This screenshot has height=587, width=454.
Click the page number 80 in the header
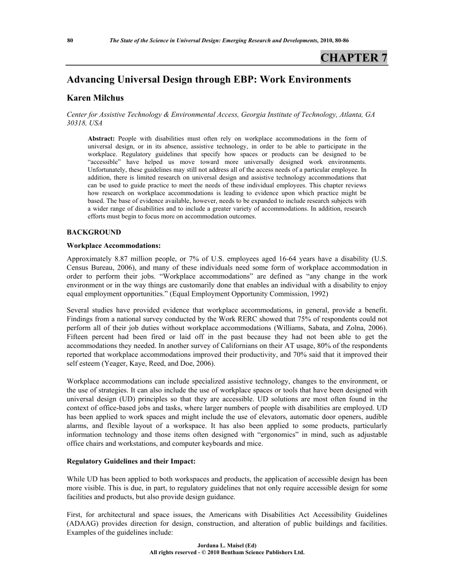click(x=70, y=41)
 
